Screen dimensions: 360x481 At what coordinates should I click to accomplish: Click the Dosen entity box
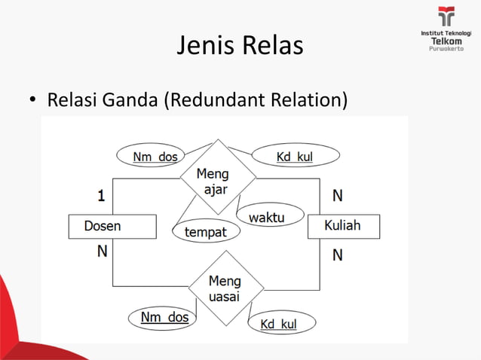112,226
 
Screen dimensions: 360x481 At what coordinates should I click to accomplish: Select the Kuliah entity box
343,226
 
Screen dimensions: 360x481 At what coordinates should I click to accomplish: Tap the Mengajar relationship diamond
217,178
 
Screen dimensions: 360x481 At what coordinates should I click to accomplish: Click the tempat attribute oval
205,232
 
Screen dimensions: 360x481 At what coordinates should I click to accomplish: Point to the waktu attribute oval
266,217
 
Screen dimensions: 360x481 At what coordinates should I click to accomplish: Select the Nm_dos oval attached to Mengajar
155,157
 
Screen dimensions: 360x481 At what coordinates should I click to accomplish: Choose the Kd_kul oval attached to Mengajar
295,157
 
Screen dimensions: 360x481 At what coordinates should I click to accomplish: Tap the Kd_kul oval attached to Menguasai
279,324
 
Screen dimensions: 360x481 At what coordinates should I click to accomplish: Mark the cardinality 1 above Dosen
101,197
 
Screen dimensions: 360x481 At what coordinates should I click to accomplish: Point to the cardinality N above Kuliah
337,196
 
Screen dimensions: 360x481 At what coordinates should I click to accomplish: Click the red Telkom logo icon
446,16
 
